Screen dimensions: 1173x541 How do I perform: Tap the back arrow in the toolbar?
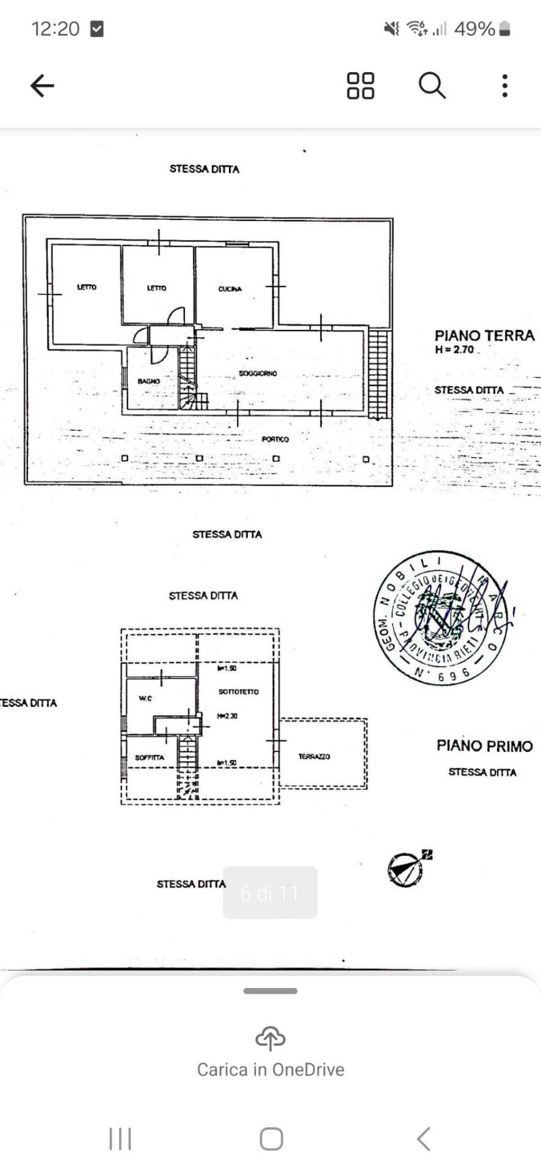[42, 86]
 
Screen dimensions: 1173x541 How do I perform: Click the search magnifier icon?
[432, 86]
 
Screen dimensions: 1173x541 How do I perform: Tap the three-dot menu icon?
[504, 86]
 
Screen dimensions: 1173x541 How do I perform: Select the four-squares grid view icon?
[360, 86]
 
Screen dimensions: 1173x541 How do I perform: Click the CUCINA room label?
[230, 289]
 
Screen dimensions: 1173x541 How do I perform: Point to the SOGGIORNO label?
[258, 373]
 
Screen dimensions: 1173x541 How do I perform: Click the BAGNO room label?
[148, 381]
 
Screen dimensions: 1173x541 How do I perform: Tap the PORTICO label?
[275, 439]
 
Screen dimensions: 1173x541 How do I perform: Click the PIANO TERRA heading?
[484, 335]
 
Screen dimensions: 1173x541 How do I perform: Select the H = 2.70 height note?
[455, 350]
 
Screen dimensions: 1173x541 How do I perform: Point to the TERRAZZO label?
[314, 756]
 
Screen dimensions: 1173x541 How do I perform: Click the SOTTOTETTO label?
[238, 692]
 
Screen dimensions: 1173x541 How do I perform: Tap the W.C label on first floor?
[145, 698]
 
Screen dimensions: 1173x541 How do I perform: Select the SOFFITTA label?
[150, 758]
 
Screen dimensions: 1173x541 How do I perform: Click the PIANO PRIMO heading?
[484, 746]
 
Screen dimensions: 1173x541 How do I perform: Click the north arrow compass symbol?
[405, 869]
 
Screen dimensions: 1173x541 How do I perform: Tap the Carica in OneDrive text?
[270, 1070]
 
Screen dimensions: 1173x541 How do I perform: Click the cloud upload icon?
[270, 1037]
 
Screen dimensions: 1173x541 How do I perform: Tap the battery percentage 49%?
[474, 29]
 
